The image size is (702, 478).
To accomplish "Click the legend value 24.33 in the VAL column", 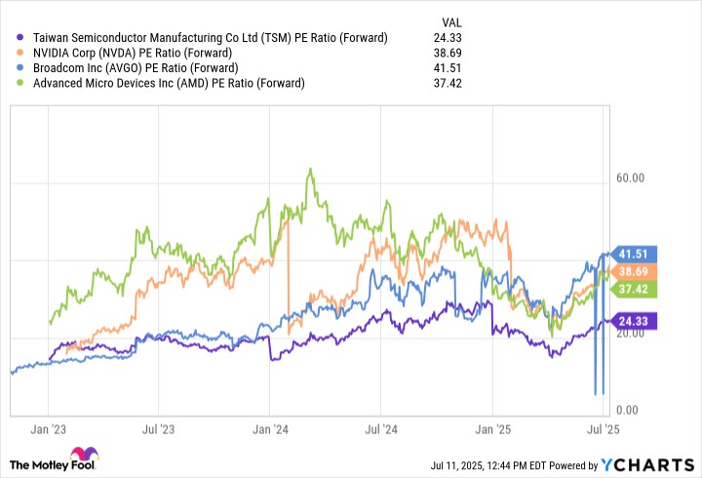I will click(x=452, y=38).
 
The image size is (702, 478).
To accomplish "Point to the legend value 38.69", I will click(x=452, y=53).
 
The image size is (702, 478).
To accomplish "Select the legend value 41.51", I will click(x=452, y=68).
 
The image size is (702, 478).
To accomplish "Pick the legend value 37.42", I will click(x=452, y=83).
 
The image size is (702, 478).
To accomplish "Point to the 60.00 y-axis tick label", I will click(x=631, y=179).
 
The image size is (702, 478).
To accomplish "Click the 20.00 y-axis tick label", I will click(x=631, y=334).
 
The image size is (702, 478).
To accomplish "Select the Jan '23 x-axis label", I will click(x=49, y=428).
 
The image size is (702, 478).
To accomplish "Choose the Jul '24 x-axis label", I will click(x=381, y=428).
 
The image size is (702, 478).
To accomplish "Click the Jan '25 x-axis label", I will click(x=492, y=428).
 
